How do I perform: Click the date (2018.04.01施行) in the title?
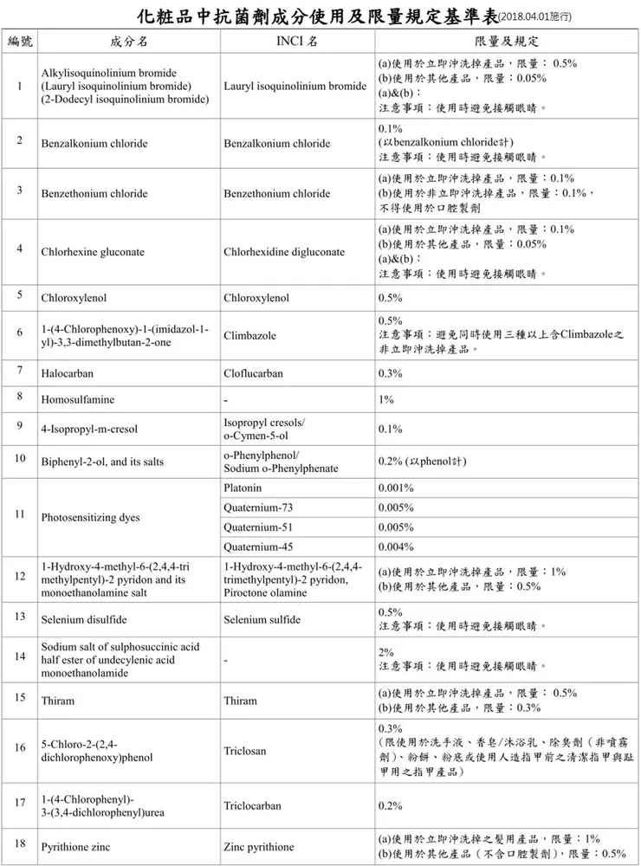click(x=535, y=17)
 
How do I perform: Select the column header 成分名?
click(x=129, y=42)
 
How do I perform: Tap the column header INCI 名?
click(x=295, y=42)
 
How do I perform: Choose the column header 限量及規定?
click(x=506, y=42)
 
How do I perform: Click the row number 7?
click(x=19, y=371)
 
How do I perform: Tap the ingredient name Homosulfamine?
click(x=78, y=400)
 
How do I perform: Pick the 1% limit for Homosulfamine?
click(x=386, y=400)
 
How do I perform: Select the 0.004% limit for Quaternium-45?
click(x=396, y=546)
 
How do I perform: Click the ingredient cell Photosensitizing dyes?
click(x=90, y=518)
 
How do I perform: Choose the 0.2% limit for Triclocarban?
click(x=390, y=805)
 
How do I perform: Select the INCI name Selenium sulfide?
click(x=262, y=619)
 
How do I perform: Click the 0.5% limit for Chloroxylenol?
click(x=390, y=298)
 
